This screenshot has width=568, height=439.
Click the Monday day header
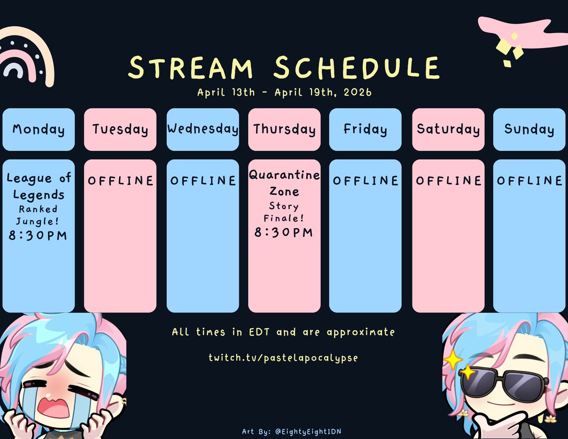tap(38, 129)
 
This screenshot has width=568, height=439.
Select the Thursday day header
tap(284, 129)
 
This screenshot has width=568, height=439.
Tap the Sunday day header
tap(529, 129)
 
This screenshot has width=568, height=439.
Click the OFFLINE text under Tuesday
tap(120, 180)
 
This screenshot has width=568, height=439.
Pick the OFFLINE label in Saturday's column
tap(448, 180)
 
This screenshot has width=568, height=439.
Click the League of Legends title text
tap(38, 186)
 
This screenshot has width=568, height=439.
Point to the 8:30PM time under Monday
tap(38, 235)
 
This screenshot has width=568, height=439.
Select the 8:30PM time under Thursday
tap(284, 232)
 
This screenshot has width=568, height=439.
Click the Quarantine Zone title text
tap(284, 183)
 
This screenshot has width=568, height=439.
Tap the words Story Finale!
tap(284, 212)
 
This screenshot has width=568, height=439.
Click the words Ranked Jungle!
tap(38, 215)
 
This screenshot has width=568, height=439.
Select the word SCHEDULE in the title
tap(356, 68)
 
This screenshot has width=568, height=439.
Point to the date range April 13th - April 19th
tap(284, 92)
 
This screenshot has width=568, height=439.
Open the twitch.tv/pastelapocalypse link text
tap(284, 357)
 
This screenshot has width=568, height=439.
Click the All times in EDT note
tap(283, 332)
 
